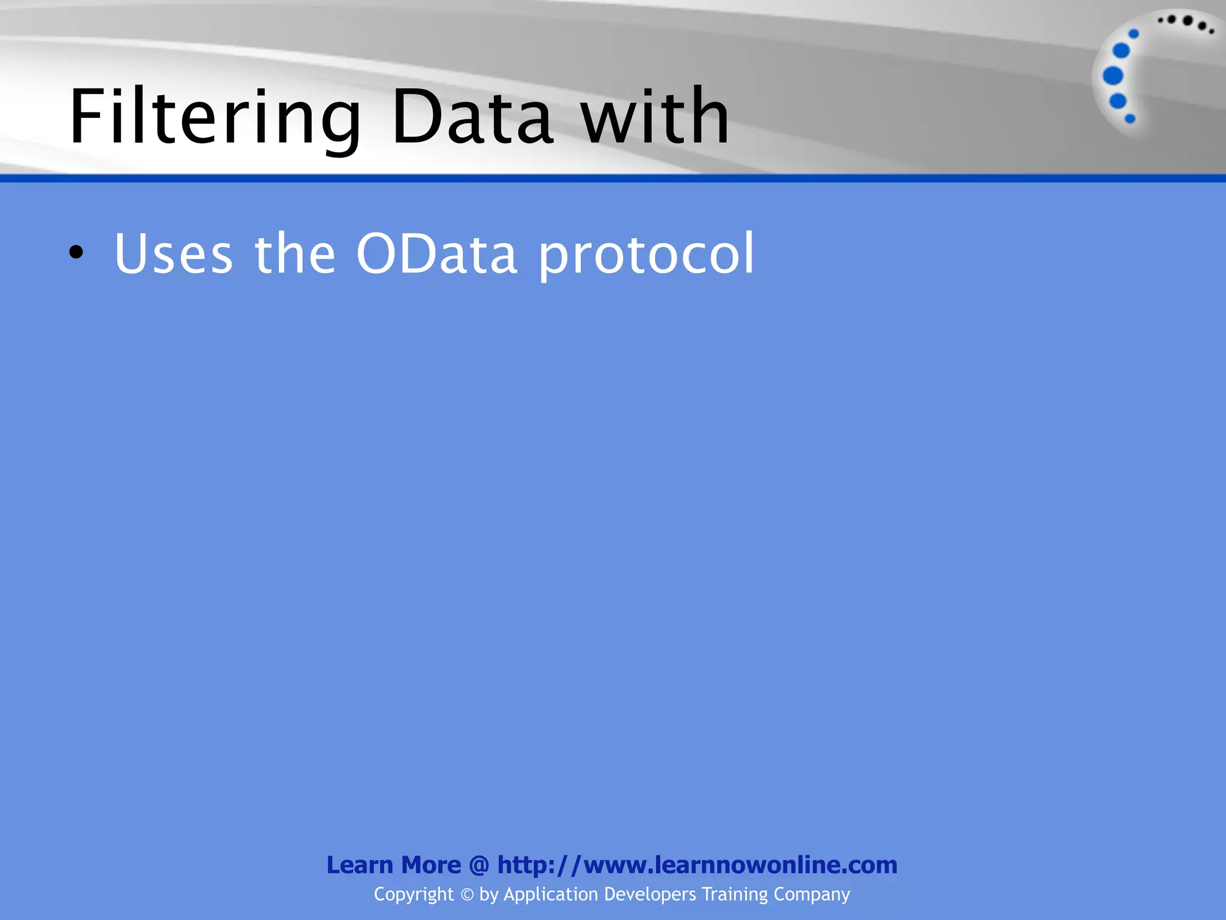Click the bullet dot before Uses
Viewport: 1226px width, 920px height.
point(76,253)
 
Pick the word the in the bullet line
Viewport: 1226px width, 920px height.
point(295,254)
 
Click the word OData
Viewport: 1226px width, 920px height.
point(436,254)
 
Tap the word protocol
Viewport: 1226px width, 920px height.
point(647,255)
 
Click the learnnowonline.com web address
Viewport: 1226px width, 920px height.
point(697,865)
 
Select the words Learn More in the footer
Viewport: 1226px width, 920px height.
point(393,865)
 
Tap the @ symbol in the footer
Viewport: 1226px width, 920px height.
point(479,865)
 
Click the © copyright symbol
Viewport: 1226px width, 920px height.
point(467,895)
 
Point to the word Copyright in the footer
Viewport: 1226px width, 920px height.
point(414,894)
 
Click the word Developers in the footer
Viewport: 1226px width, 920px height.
point(650,894)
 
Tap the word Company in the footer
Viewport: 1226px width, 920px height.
point(812,894)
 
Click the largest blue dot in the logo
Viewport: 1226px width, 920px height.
point(1113,76)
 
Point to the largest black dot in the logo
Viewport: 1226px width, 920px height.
point(1188,21)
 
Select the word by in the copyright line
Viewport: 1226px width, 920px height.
point(489,894)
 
